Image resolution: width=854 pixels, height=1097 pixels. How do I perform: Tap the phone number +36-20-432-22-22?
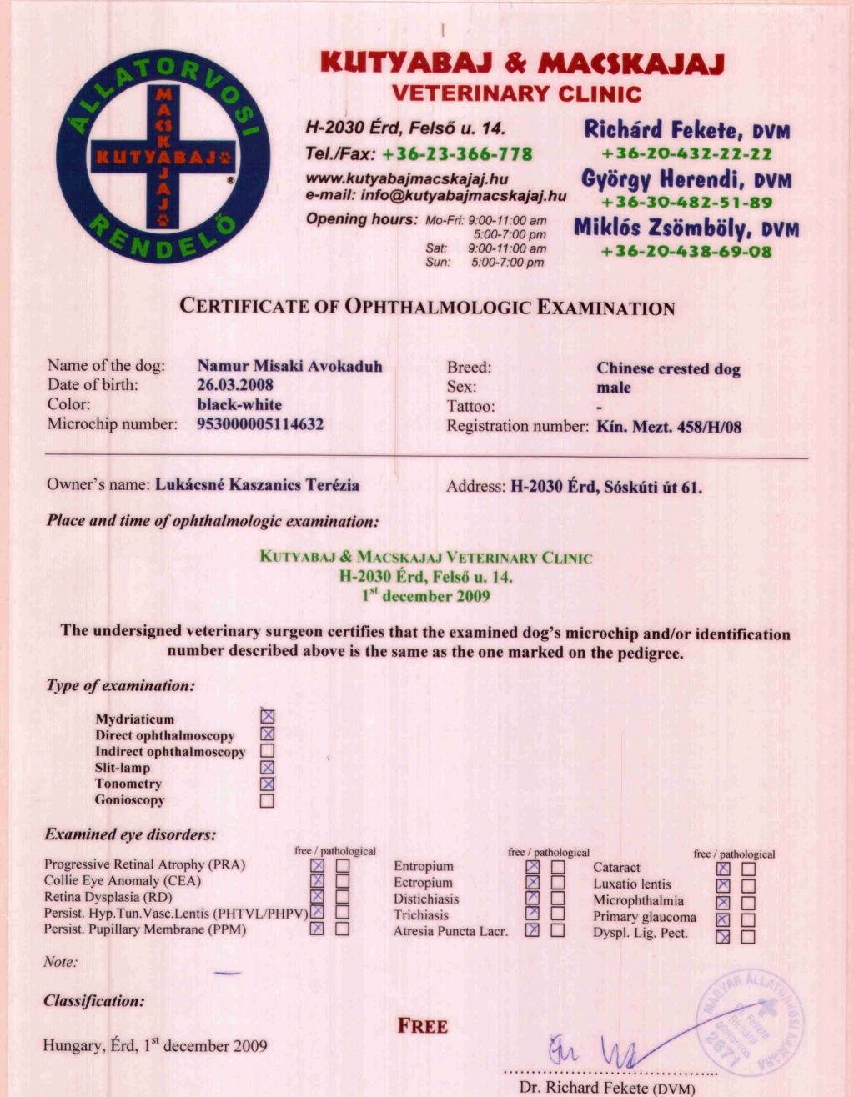pos(686,154)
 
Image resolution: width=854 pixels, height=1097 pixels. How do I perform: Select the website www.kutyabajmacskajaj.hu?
pos(407,178)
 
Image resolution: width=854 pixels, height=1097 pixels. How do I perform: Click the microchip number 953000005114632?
pos(260,423)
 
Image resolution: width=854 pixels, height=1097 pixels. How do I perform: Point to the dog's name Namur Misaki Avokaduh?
pos(289,366)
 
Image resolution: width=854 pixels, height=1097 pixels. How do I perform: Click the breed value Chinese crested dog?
pos(668,368)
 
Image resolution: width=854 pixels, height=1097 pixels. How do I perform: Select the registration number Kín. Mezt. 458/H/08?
pos(669,428)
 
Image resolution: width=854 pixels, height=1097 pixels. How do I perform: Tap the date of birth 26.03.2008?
pos(235,385)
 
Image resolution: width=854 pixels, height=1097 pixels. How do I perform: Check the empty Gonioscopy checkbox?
pos(267,801)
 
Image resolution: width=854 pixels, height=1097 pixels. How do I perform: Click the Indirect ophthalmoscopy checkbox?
pos(267,751)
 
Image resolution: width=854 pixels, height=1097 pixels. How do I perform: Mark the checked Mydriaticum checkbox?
pos(267,717)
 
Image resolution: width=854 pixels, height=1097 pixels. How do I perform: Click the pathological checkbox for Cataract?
pos(748,869)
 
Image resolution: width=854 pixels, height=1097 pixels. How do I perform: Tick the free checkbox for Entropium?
pos(533,867)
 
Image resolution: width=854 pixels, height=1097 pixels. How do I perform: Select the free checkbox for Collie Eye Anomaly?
pos(317,881)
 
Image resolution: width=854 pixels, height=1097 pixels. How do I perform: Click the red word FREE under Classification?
pos(423,1026)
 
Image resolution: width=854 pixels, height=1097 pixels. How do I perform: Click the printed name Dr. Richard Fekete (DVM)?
pos(606,1087)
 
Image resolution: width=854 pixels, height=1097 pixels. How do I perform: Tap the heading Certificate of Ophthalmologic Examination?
pos(427,307)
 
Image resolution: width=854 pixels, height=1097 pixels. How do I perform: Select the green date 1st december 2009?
pos(426,596)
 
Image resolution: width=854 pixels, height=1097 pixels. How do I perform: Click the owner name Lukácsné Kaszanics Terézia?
pos(258,485)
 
